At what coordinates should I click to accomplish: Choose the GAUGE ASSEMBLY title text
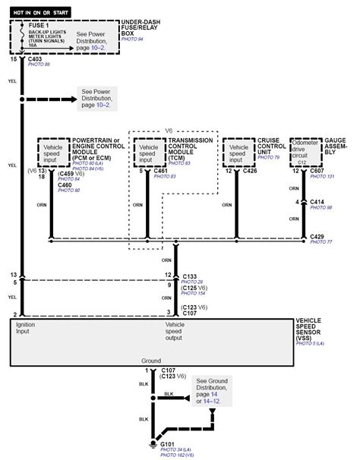(x=337, y=146)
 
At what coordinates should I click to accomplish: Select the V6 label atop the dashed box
(x=169, y=130)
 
